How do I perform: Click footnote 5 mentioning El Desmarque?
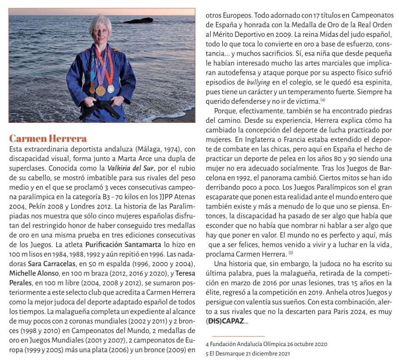point(248,353)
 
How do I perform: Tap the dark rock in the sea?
point(139,21)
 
